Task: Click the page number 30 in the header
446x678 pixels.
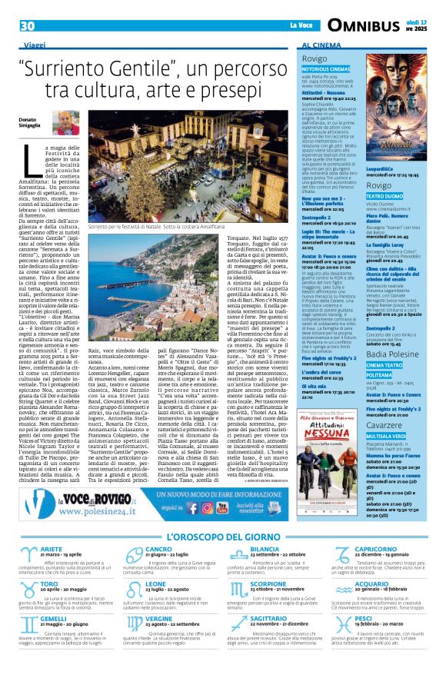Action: (28, 25)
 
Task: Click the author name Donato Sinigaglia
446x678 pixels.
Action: (28, 123)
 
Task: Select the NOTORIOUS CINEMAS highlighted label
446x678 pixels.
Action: (325, 68)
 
